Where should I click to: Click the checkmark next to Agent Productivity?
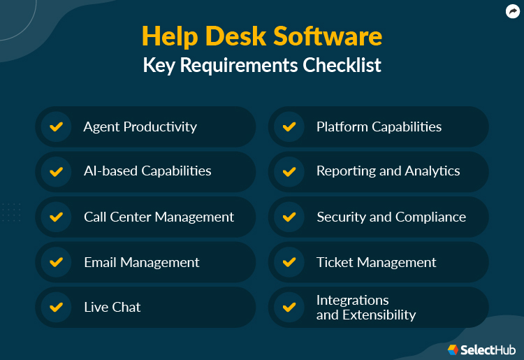tap(56, 127)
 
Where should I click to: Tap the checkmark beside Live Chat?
tap(56, 307)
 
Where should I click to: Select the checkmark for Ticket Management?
tap(289, 262)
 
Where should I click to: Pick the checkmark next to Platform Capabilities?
tap(289, 127)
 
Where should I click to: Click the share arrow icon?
tap(513, 10)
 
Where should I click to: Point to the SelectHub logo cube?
tap(453, 349)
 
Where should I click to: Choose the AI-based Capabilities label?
tap(147, 171)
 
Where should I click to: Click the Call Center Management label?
tap(159, 217)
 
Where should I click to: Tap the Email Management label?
tap(142, 262)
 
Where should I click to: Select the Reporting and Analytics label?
tap(388, 171)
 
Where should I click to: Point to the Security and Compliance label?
tap(391, 217)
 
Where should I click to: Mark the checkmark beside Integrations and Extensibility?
tap(289, 307)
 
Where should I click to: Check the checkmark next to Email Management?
tap(56, 262)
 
